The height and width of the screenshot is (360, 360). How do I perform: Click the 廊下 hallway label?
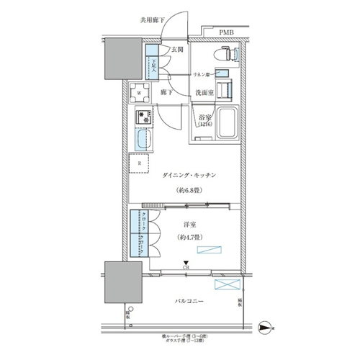pos(166,93)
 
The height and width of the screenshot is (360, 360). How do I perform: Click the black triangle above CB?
pos(186,263)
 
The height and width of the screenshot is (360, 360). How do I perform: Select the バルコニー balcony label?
pos(188,300)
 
